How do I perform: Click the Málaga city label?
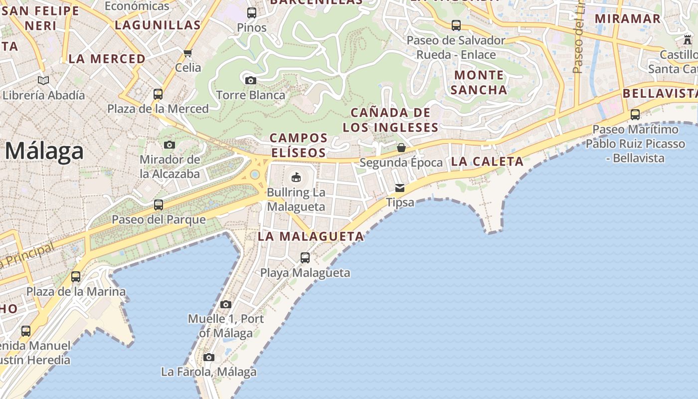(44, 151)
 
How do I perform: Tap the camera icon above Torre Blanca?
(250, 80)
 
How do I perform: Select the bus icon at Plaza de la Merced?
(158, 94)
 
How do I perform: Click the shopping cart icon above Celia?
(188, 53)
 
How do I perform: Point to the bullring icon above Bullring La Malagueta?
(296, 177)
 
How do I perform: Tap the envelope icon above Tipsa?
(400, 188)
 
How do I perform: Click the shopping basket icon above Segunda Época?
(401, 148)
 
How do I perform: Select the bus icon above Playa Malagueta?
(305, 258)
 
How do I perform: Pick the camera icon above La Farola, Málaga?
(209, 357)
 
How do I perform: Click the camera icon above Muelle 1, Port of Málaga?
(226, 304)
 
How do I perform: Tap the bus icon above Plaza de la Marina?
(76, 277)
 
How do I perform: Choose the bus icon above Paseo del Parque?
(159, 204)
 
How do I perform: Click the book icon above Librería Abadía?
(43, 80)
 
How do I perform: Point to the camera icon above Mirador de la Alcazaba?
(170, 145)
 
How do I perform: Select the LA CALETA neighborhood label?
(487, 161)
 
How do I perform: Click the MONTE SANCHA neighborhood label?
(479, 82)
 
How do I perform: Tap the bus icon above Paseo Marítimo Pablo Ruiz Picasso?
(635, 115)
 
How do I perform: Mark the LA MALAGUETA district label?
(311, 236)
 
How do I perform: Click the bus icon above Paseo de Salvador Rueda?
(456, 25)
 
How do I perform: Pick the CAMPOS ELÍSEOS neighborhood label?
(299, 145)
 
